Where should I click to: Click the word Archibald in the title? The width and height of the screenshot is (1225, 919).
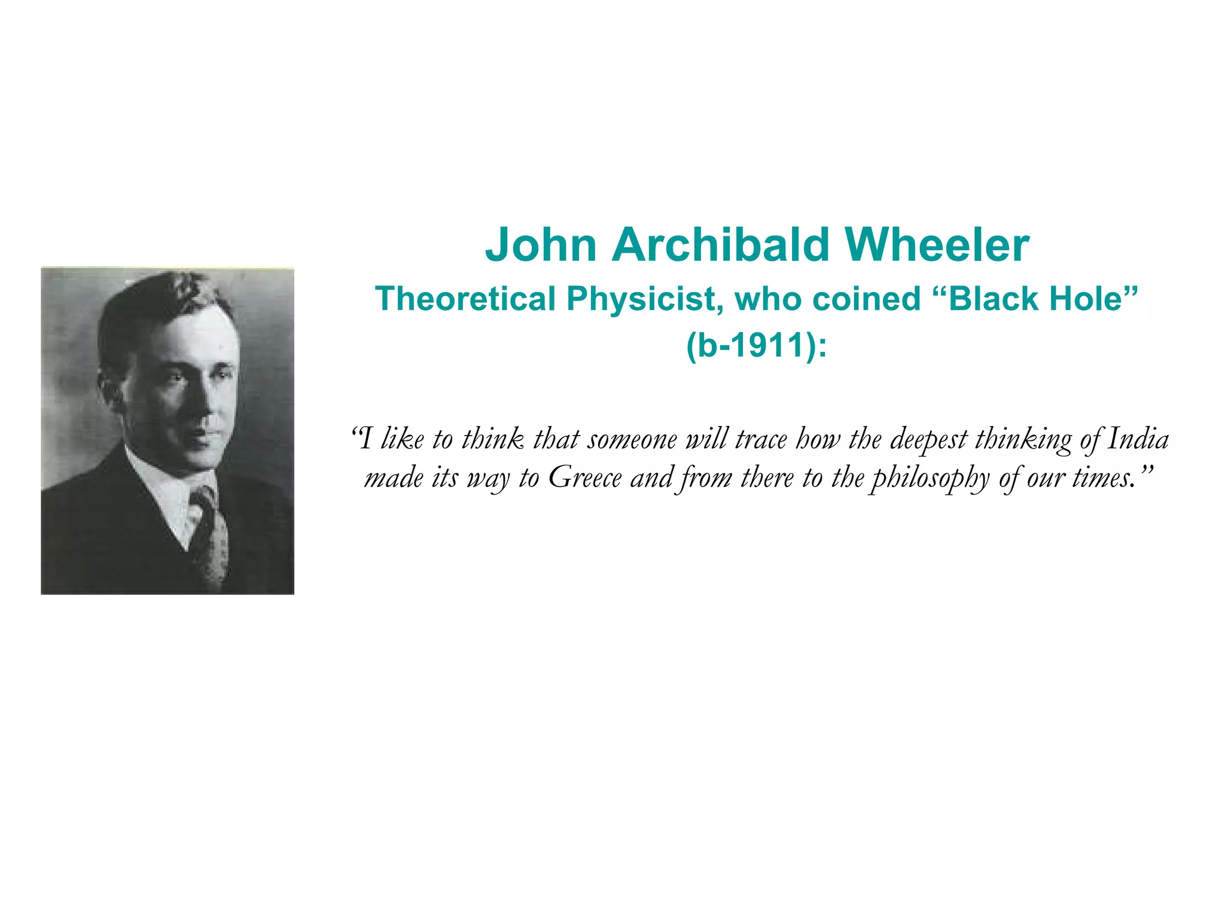pos(720,245)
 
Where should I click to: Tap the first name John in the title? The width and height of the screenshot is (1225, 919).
pos(541,245)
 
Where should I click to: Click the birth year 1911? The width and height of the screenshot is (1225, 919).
pos(767,345)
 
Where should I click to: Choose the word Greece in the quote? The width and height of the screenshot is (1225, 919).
pos(585,478)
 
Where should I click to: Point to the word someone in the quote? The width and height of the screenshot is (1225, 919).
pos(632,440)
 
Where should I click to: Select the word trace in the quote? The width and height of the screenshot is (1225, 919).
pos(761,440)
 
